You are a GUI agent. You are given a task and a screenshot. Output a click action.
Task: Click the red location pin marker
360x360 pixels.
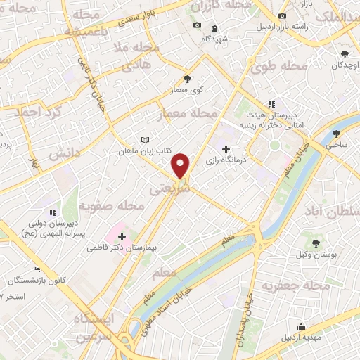[x=181, y=165]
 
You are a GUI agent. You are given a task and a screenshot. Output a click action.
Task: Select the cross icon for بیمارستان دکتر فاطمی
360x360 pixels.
[x=122, y=236]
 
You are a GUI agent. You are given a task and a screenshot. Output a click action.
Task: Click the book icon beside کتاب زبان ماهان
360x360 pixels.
[x=145, y=140]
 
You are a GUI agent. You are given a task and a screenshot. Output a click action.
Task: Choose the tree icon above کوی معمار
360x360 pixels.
[x=186, y=79]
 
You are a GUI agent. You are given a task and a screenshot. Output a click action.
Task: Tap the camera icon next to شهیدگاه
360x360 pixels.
[x=197, y=27]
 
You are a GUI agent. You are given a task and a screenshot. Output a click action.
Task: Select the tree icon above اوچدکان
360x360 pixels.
[x=345, y=54]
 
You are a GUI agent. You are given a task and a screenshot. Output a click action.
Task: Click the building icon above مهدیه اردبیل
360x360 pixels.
[x=301, y=326]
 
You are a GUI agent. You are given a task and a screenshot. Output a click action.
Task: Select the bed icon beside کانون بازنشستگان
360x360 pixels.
[x=37, y=269]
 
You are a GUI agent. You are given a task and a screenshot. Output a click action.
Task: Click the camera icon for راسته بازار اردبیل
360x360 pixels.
[x=282, y=16]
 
